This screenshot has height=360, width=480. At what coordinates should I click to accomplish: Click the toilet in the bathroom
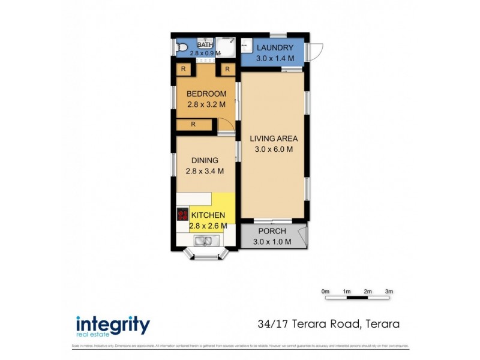pos(181,46)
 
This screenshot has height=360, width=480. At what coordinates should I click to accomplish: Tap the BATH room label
pos(205,44)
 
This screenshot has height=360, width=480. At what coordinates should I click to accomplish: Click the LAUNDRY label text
pos(275,48)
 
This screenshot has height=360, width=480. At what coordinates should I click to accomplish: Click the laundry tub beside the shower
pos(246,45)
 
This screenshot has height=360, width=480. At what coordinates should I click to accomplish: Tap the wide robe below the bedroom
pos(194,125)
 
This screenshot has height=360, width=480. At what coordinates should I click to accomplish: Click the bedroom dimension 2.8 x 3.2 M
pos(206,104)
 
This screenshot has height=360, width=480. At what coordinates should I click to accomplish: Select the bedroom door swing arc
pos(226,124)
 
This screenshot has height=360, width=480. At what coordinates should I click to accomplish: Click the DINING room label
pos(205,160)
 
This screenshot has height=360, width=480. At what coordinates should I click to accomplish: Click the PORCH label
pos(272,232)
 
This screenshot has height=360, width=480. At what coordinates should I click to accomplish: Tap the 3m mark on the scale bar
pos(389,291)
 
